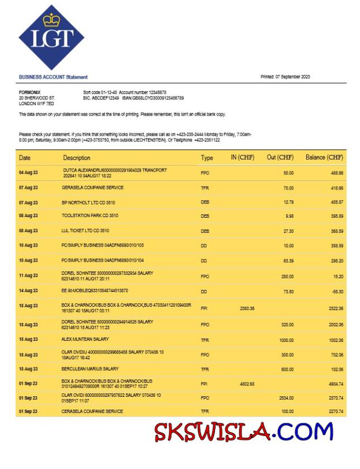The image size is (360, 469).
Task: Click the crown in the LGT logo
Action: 51,21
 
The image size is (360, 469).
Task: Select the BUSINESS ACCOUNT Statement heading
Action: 53,77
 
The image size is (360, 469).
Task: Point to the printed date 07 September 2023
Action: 285,77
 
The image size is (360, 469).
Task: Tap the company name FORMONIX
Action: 30,92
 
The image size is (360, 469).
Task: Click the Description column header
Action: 77,158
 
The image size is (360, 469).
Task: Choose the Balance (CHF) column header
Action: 324,157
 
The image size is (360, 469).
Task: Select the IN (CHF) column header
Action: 243,157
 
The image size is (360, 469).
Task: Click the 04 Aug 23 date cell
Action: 28,173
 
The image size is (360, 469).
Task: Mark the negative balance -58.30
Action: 336,292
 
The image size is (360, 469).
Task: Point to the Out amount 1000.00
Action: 287,340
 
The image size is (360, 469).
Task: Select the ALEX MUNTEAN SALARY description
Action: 86,339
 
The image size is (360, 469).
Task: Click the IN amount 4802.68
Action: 247,384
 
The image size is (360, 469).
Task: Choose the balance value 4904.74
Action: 335,384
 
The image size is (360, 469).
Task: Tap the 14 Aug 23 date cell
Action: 28,291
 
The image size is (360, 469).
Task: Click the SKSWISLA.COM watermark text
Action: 243,431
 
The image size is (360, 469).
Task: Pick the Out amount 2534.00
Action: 286,398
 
